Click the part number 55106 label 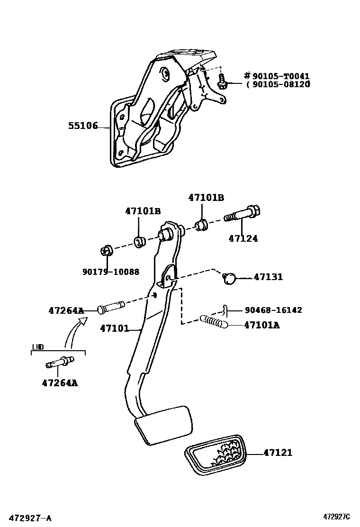coord(82,126)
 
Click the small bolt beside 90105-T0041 coord(222,81)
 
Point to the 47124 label coord(243,239)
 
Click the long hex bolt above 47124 coord(243,214)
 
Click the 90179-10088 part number coord(111,272)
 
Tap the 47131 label coord(268,277)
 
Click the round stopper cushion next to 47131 coord(229,278)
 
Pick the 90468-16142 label coord(273,310)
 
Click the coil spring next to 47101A coord(215,322)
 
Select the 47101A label coord(261,325)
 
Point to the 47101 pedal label coord(114,328)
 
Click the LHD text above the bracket coord(38,347)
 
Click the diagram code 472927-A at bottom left coord(31,518)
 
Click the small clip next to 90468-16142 coord(225,310)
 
